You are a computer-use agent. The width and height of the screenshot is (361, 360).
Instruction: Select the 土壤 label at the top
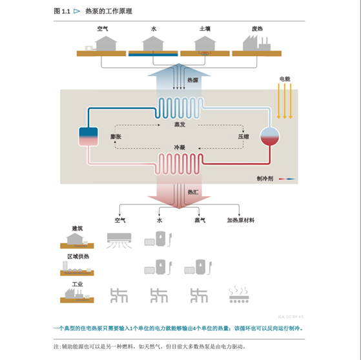(x=205, y=29)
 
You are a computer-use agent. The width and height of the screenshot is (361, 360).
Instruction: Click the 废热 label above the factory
(x=257, y=29)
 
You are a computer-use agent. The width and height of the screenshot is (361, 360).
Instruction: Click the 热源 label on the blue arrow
(x=192, y=80)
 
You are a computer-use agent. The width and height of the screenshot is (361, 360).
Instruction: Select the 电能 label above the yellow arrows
(x=285, y=79)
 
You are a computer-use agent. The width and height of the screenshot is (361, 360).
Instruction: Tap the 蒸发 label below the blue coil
(x=180, y=125)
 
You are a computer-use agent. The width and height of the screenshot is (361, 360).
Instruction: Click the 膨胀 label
(x=116, y=137)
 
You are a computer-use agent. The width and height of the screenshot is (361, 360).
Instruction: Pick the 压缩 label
(x=243, y=137)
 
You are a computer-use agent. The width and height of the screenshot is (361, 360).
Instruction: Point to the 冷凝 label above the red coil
(x=180, y=148)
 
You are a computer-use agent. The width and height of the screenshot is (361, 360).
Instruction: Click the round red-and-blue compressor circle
(x=269, y=136)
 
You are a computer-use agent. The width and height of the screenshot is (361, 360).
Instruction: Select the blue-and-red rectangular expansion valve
(x=88, y=136)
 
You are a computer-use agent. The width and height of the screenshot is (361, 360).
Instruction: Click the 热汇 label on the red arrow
(x=192, y=192)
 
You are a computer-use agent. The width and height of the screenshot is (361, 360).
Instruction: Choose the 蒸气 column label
(x=200, y=221)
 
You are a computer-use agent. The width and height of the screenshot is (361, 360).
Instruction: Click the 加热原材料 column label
(x=240, y=221)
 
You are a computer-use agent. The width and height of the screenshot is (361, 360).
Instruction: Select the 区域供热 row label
(x=78, y=256)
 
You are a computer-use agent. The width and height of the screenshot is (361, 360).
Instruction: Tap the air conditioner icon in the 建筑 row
(x=119, y=241)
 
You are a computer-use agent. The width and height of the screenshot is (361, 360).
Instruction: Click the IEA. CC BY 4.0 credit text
(x=291, y=317)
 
